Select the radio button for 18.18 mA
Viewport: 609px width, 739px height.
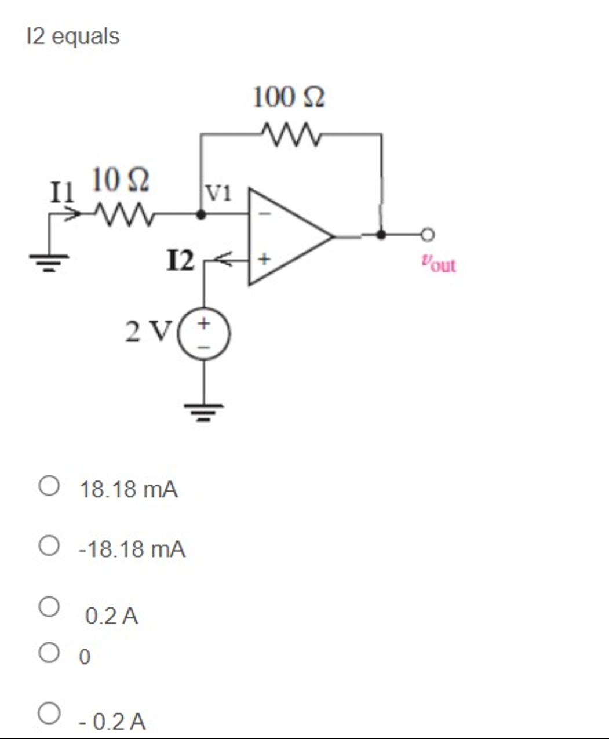(49, 486)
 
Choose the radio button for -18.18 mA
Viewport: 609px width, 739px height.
(49, 545)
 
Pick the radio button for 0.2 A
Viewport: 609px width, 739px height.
(49, 606)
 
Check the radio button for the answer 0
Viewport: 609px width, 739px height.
(49, 653)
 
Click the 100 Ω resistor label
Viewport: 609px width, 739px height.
(289, 97)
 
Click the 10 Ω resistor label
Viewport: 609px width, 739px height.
(121, 180)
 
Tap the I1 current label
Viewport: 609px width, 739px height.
(62, 191)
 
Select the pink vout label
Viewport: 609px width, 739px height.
(439, 264)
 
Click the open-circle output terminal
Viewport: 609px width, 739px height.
(428, 235)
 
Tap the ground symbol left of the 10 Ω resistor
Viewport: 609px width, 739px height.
(49, 264)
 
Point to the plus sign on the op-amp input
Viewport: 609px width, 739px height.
(264, 259)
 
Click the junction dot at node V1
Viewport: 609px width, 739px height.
(200, 214)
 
